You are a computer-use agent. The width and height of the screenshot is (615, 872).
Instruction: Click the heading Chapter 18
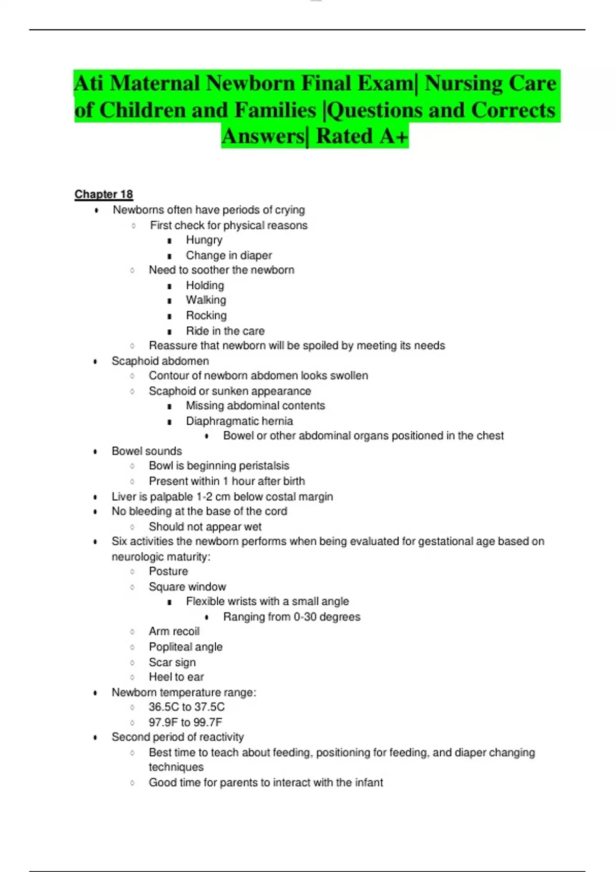pyautogui.click(x=104, y=194)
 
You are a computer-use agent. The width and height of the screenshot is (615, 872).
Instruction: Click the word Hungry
pyautogui.click(x=204, y=240)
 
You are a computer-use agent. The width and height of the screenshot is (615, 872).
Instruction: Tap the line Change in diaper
pyautogui.click(x=229, y=255)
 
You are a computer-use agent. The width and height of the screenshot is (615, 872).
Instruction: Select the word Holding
pyautogui.click(x=204, y=285)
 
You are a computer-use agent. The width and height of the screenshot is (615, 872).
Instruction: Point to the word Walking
pyautogui.click(x=206, y=300)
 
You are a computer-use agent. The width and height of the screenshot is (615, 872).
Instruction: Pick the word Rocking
pyautogui.click(x=206, y=315)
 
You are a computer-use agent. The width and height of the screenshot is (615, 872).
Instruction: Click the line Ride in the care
pyautogui.click(x=225, y=331)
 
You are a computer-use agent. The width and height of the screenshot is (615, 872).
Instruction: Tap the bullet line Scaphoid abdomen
pyautogui.click(x=160, y=361)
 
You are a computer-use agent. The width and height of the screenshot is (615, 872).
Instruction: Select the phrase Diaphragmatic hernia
pyautogui.click(x=239, y=421)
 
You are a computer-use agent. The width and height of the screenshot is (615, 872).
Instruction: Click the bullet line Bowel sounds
pyautogui.click(x=147, y=451)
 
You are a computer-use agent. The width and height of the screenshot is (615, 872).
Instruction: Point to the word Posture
pyautogui.click(x=168, y=571)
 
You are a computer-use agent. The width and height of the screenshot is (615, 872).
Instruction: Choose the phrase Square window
pyautogui.click(x=187, y=587)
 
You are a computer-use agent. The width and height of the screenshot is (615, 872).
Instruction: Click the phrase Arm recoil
pyautogui.click(x=174, y=631)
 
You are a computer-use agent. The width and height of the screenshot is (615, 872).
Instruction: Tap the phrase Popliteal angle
pyautogui.click(x=186, y=647)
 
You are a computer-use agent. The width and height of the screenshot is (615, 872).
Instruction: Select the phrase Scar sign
pyautogui.click(x=172, y=662)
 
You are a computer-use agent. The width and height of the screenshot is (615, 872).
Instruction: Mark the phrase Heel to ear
pyautogui.click(x=176, y=677)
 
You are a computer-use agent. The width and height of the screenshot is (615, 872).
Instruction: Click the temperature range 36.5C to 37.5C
pyautogui.click(x=187, y=707)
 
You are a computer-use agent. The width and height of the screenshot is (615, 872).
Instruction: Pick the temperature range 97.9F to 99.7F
pyautogui.click(x=185, y=722)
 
